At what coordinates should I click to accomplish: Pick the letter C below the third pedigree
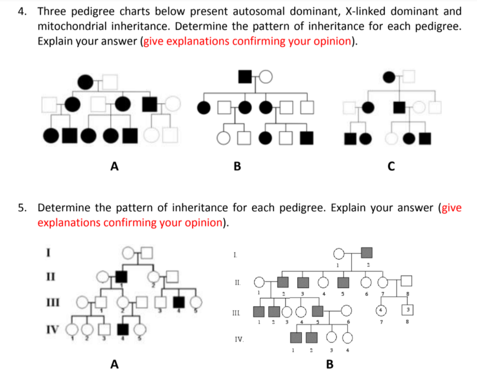(391, 166)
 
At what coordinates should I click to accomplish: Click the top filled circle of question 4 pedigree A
(84, 81)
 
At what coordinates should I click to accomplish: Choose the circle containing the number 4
(379, 311)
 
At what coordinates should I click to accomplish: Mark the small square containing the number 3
(407, 311)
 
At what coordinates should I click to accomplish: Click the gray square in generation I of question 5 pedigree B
(366, 253)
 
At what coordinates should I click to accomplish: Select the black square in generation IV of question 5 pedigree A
(122, 328)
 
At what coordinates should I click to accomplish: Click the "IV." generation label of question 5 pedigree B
(239, 339)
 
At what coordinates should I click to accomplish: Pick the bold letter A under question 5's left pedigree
(114, 364)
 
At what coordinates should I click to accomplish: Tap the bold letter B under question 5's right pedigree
(329, 364)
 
